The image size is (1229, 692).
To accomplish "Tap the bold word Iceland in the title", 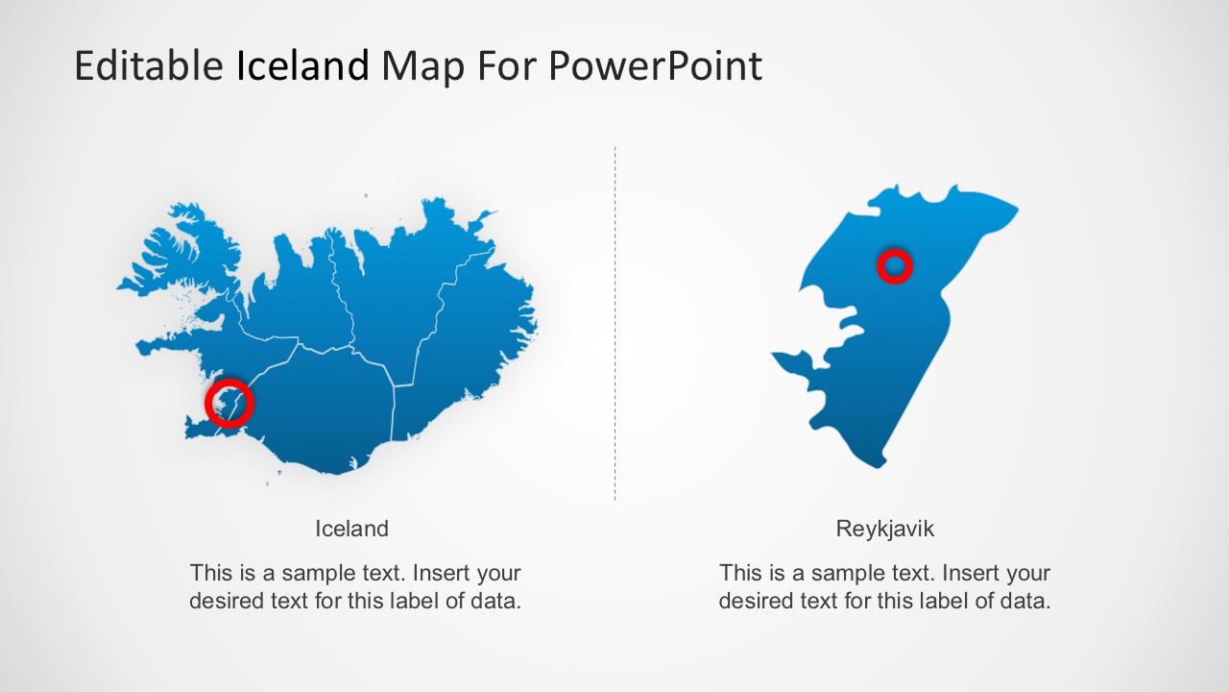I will pos(302,66).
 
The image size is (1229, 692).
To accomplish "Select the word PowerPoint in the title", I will pos(655,66).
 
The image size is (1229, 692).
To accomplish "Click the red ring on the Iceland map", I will pos(229,402).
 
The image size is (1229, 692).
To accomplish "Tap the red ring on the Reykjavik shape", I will pos(894,266).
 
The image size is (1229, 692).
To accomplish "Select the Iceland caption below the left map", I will pos(351,529).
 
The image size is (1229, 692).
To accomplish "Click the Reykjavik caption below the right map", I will pos(884,529).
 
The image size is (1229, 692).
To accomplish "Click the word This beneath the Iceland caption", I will pos(210,573).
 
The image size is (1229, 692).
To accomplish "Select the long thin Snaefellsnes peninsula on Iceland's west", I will pos(173,343).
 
